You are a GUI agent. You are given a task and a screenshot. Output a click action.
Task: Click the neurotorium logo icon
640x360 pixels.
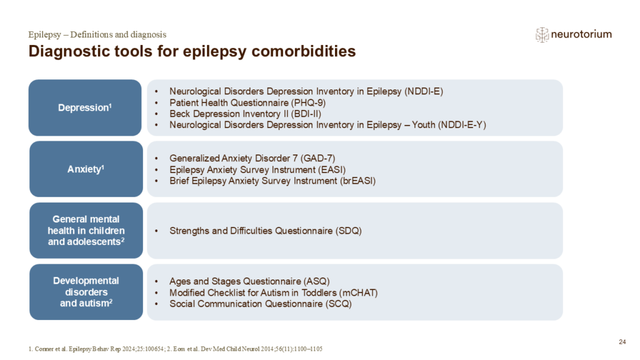542,35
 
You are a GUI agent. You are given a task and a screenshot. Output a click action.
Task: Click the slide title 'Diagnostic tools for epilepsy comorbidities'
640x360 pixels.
192,51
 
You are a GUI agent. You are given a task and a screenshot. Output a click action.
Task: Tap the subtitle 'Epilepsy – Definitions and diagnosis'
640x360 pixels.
97,34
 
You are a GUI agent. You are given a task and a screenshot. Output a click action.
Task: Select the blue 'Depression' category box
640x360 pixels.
85,107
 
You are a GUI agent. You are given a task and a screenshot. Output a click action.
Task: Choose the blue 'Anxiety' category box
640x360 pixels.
86,169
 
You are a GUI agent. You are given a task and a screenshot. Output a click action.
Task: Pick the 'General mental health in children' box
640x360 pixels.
86,230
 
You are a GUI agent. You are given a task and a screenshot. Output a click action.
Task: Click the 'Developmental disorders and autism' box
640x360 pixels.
86,292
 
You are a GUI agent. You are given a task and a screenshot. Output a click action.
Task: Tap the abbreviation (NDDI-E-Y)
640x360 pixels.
460,125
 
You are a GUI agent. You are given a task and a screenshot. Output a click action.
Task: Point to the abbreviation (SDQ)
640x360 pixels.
351,231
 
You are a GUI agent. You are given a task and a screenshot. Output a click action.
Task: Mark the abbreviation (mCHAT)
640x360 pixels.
357,292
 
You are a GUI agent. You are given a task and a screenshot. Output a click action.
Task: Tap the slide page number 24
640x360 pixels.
621,341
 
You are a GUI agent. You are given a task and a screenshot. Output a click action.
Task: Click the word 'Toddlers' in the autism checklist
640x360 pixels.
307,292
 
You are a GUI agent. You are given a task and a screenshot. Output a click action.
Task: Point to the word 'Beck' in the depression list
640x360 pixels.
181,114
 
